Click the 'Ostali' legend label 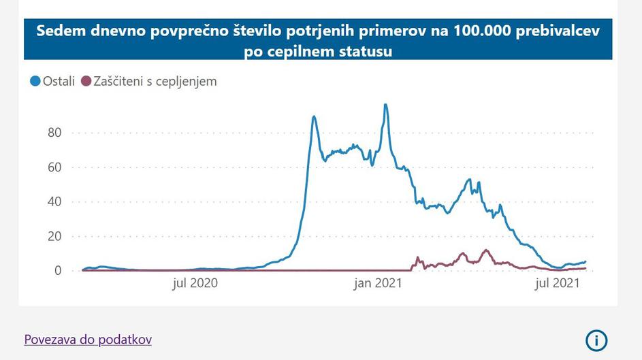(x=58, y=82)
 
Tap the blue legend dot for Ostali (x=35, y=82)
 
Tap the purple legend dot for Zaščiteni (x=86, y=82)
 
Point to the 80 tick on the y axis (x=54, y=133)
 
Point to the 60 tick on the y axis (x=54, y=167)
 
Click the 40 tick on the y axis (x=54, y=202)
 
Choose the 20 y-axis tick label (x=54, y=236)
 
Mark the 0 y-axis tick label (x=58, y=271)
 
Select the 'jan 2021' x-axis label (x=377, y=282)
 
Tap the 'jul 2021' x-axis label (x=557, y=282)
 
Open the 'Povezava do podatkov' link (x=88, y=339)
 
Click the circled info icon (x=596, y=340)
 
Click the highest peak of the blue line (x=385, y=105)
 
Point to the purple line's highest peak (x=485, y=250)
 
